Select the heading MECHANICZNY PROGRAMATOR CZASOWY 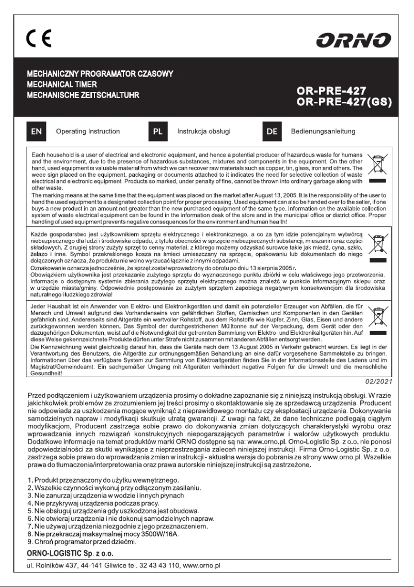click(100, 74)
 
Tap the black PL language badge click(157, 132)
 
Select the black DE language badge click(272, 132)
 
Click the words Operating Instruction click(87, 132)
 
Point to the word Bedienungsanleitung click(323, 132)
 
